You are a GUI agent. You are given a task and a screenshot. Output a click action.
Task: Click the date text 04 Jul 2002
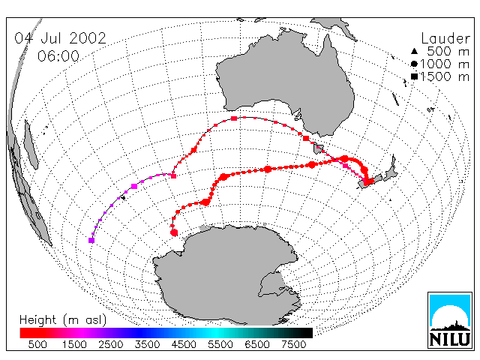pyautogui.click(x=60, y=38)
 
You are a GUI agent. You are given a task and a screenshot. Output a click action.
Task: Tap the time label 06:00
pyautogui.click(x=58, y=56)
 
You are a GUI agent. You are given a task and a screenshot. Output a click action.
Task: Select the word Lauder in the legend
pyautogui.click(x=445, y=38)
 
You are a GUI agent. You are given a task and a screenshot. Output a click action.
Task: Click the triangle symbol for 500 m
pyautogui.click(x=414, y=51)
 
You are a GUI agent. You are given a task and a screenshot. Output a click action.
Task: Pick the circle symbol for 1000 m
pyautogui.click(x=414, y=64)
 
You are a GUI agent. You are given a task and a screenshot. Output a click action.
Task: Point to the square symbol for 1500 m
pyautogui.click(x=414, y=76)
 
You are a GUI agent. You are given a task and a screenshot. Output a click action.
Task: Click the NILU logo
pyautogui.click(x=450, y=320)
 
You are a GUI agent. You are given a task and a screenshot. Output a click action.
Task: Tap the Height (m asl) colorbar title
pyautogui.click(x=63, y=320)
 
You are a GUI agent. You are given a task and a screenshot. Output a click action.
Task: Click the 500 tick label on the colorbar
pyautogui.click(x=37, y=344)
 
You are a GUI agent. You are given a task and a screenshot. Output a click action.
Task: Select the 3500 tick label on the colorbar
pyautogui.click(x=147, y=344)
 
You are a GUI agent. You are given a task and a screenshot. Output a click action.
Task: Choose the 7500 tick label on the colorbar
pyautogui.click(x=293, y=344)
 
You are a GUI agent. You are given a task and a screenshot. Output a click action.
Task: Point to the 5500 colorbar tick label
pyautogui.click(x=220, y=344)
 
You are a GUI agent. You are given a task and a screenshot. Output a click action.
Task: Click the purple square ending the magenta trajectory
pyautogui.click(x=91, y=240)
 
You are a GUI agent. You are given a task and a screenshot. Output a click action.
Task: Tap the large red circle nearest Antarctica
pyautogui.click(x=174, y=232)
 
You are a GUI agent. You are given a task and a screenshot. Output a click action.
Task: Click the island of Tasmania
pyautogui.click(x=318, y=149)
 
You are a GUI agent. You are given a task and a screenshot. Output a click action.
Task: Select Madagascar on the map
pyautogui.click(x=31, y=145)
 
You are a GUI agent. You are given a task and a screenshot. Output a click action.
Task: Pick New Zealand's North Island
pyautogui.click(x=390, y=170)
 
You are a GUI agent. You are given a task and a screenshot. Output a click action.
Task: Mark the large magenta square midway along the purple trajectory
pyautogui.click(x=134, y=186)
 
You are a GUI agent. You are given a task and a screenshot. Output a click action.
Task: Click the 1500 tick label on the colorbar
pyautogui.click(x=74, y=344)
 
